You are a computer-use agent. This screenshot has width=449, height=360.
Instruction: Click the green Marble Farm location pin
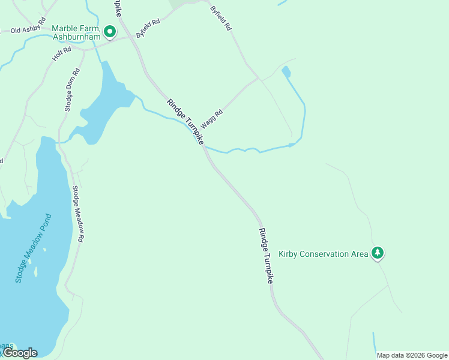tap(109, 31)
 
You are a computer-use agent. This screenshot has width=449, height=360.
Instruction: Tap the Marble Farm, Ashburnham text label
tap(75, 32)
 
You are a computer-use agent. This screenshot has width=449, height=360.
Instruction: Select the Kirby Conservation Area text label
tap(323, 254)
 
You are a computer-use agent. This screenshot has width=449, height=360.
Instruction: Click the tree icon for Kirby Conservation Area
tap(377, 253)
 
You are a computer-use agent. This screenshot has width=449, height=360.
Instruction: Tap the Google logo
tap(20, 353)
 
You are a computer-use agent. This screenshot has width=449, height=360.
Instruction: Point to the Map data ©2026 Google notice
tap(412, 355)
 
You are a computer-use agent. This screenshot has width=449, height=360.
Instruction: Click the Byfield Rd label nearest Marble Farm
tap(148, 29)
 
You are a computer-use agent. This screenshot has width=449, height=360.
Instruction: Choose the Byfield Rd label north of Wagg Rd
tap(221, 18)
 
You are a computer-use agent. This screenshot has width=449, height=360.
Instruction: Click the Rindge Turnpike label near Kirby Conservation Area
tap(266, 256)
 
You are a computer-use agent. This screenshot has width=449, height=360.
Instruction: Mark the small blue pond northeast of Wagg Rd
tap(286, 72)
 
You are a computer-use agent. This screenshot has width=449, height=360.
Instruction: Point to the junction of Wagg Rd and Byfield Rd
tap(259, 78)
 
